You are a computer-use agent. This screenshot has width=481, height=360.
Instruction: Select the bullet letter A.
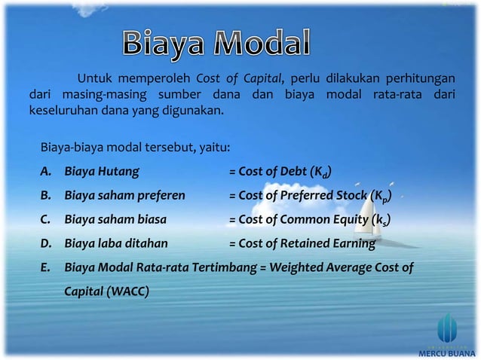(46, 171)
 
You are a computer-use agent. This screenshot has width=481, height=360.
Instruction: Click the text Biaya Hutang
(102, 171)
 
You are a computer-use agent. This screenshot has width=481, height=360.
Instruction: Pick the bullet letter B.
(46, 196)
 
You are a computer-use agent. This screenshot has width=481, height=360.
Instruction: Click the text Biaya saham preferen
(125, 196)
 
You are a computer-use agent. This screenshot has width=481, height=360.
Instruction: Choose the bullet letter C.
(46, 220)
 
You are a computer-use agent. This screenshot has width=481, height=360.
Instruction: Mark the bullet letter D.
(46, 244)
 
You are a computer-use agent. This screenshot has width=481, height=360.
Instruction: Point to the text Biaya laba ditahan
(116, 244)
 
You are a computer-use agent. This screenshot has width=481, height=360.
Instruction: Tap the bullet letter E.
(46, 267)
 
